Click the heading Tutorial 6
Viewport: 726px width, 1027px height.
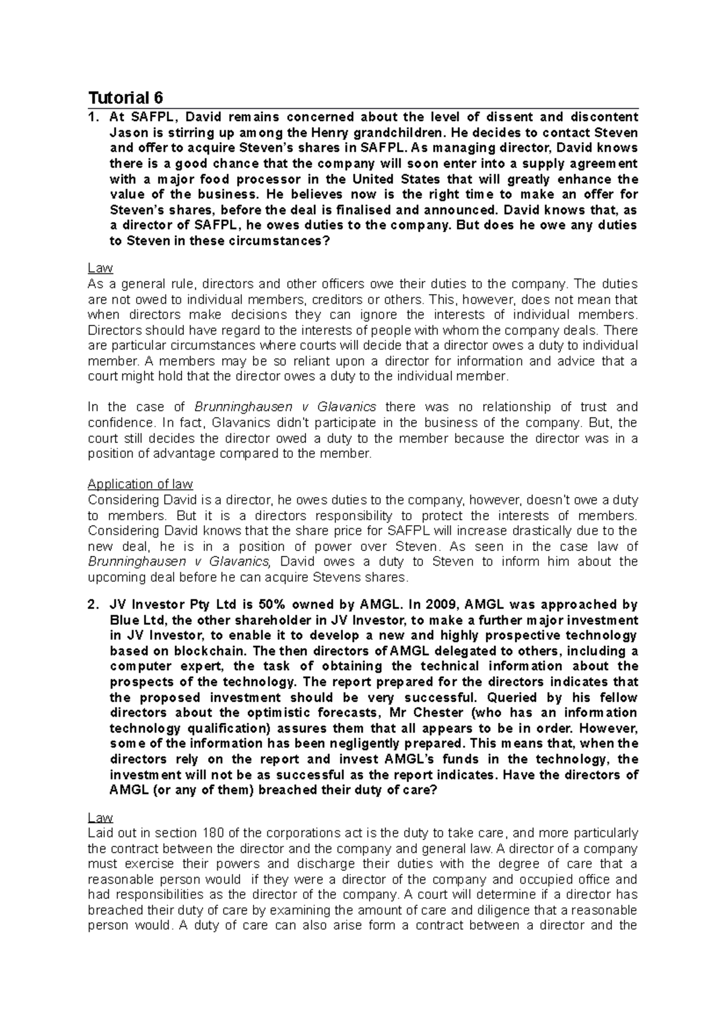coord(126,97)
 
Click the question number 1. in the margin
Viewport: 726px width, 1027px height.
coord(93,117)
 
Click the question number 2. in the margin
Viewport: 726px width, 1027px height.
coord(93,605)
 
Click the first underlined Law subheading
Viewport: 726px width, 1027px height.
coord(100,268)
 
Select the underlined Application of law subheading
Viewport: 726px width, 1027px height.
coord(140,484)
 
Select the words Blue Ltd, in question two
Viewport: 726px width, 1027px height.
coord(137,621)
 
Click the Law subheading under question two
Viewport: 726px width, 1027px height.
coord(100,817)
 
